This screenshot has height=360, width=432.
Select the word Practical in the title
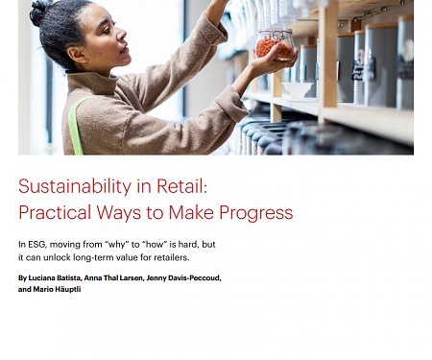point(57,212)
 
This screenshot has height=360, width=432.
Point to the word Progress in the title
point(256,212)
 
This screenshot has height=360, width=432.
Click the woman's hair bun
point(39,12)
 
